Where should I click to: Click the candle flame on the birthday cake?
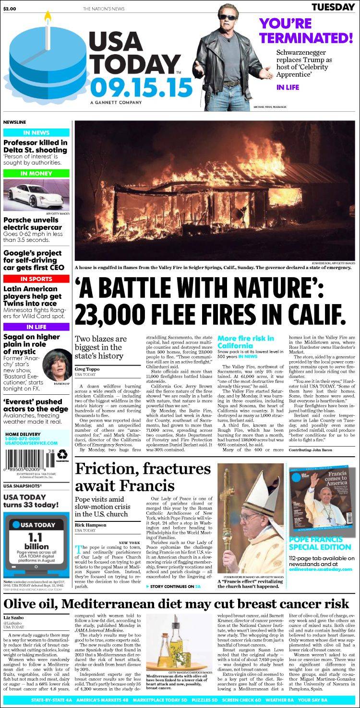[48, 17]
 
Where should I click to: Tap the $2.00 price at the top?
[10, 9]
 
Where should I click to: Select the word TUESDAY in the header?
[332, 7]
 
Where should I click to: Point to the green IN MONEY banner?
[36, 173]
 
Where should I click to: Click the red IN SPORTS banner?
[36, 279]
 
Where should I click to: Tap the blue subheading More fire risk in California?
[246, 342]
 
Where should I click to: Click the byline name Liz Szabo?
[15, 617]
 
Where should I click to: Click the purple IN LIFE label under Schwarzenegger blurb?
[288, 87]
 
